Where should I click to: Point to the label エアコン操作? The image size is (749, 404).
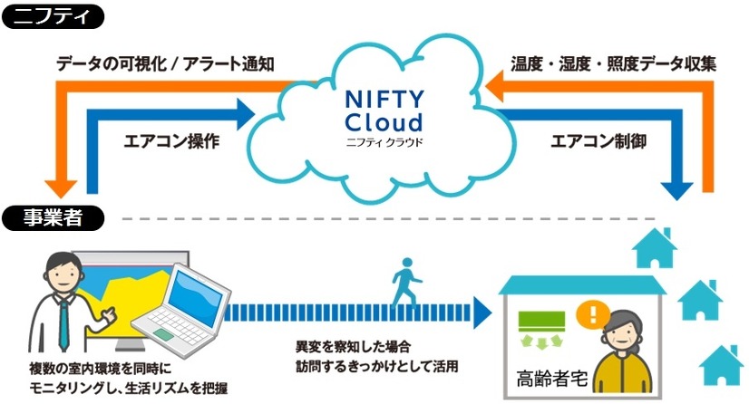(x=170, y=141)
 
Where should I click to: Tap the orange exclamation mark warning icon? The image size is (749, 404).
(x=595, y=316)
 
